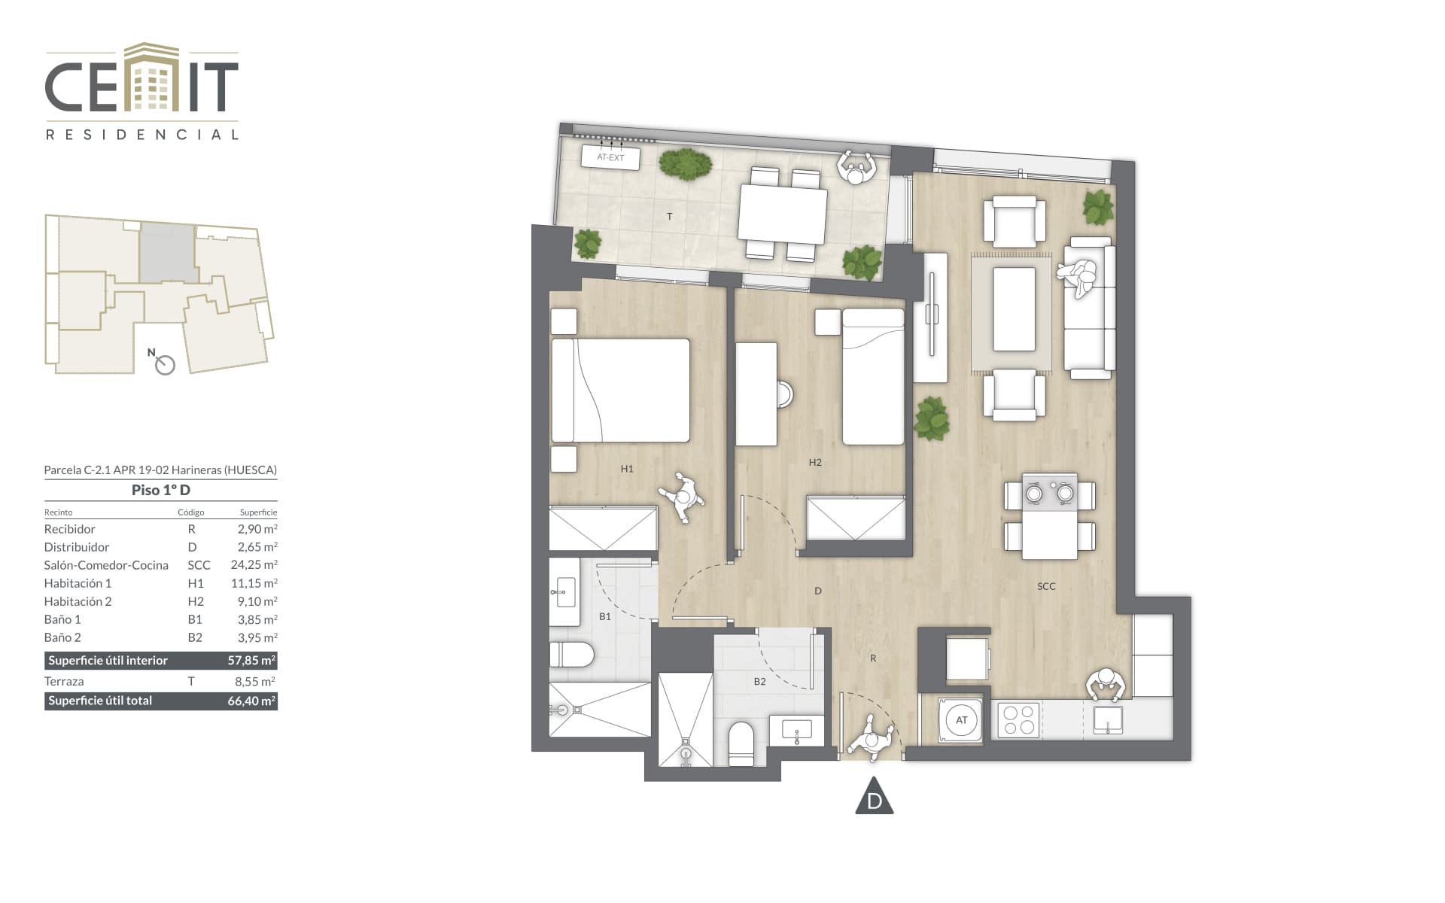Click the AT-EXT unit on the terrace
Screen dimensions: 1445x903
coord(610,157)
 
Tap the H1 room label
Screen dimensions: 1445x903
coord(627,469)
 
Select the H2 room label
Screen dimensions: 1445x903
coord(815,463)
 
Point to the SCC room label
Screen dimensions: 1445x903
coord(1046,586)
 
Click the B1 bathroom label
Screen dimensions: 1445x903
coord(605,616)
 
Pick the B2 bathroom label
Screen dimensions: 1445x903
coord(760,682)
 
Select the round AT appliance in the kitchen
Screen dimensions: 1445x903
coord(961,720)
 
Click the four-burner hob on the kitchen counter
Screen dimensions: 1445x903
coord(1019,719)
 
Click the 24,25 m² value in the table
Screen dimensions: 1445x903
coord(254,564)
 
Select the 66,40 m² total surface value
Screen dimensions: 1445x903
coord(251,701)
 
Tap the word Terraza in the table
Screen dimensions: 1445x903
coord(64,681)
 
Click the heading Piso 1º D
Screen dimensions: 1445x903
coord(161,490)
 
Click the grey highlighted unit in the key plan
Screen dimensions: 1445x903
coord(167,254)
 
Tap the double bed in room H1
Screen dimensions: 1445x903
coord(621,390)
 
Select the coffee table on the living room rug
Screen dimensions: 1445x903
coord(1014,309)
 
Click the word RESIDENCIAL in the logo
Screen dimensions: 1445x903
coord(142,135)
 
